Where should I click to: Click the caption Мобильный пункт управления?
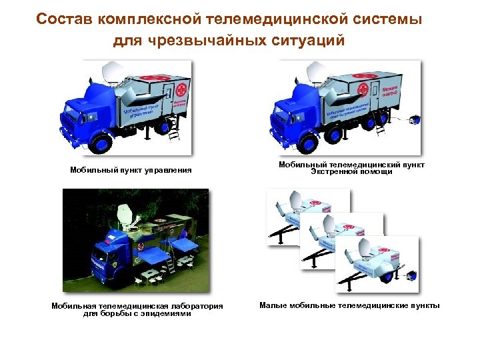click(131, 170)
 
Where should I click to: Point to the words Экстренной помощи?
click(351, 172)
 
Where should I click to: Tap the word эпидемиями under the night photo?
click(163, 313)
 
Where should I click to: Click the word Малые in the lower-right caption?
click(273, 305)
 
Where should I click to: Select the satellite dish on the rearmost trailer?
click(293, 201)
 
